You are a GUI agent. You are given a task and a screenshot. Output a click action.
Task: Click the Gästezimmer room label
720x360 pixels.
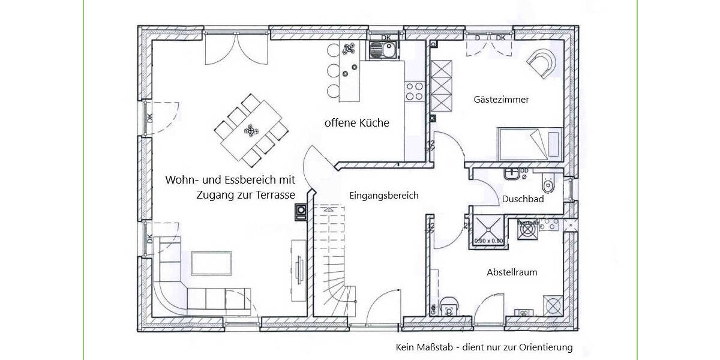[x=501, y=100]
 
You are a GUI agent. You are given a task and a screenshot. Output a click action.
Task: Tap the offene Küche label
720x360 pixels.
[x=357, y=123]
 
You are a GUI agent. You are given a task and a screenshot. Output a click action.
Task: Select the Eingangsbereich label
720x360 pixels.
[x=384, y=196]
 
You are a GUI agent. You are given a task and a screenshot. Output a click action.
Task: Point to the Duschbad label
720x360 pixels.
[x=523, y=199]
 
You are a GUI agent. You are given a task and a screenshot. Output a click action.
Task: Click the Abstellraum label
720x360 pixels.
[x=512, y=272]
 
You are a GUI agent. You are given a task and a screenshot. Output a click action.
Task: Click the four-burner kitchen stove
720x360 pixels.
[x=415, y=91]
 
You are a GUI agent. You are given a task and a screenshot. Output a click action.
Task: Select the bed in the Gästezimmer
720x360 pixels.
[x=528, y=143]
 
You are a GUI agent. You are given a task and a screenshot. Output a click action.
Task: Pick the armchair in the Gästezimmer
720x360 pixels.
[x=542, y=61]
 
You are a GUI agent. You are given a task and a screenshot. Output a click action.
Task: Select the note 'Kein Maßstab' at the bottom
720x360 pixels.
[x=484, y=347]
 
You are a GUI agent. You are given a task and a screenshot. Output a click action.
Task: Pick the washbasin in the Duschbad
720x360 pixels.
[x=512, y=173]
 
